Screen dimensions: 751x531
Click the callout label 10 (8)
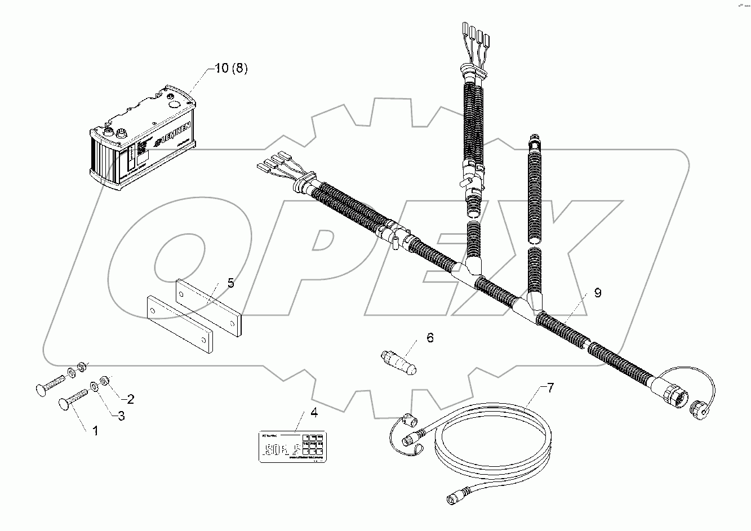(231, 69)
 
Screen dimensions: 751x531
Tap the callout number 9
(597, 293)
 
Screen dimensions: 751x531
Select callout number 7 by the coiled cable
(550, 387)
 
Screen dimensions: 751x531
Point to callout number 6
(430, 338)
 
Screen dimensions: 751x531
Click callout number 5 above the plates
(230, 283)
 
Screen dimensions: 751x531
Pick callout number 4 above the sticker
(314, 413)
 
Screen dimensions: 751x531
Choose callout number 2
(130, 400)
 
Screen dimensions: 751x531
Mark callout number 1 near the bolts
(95, 431)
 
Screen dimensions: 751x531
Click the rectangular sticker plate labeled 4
(292, 446)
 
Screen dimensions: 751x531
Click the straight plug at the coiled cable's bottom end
(454, 497)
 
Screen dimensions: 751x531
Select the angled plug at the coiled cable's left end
(410, 421)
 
